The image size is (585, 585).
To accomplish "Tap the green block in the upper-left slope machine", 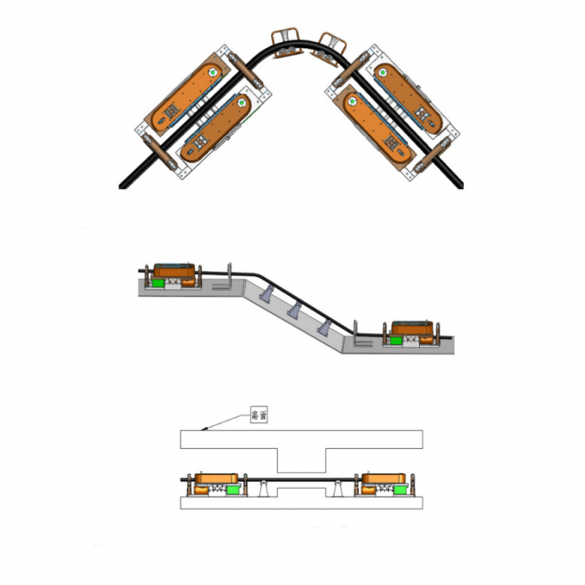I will tap(160, 281).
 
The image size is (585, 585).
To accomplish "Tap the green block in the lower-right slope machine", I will tap(397, 341).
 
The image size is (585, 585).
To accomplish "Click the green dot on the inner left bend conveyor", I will tap(242, 103).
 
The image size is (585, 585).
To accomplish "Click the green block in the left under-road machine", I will tap(231, 489).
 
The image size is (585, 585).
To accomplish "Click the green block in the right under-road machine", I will tap(377, 488).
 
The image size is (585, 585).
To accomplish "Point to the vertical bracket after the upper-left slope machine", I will tap(230, 277).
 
